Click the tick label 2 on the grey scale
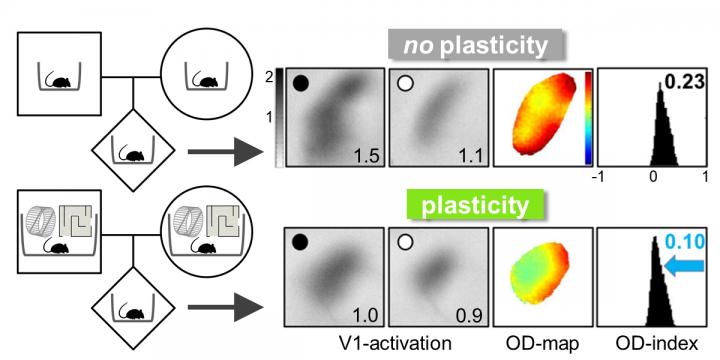(x=265, y=77)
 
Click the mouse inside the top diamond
(x=133, y=153)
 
